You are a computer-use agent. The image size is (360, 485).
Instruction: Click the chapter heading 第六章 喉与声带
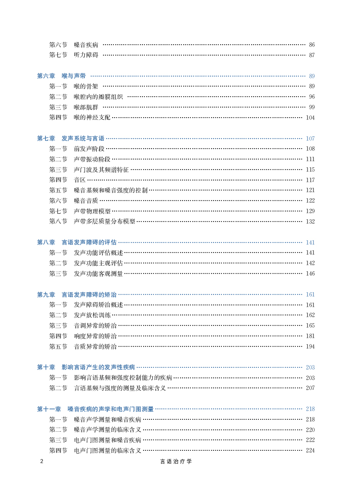[x=61, y=76]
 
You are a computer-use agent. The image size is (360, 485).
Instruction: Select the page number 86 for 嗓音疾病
[x=312, y=45]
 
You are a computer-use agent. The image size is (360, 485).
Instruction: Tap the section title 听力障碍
[x=86, y=55]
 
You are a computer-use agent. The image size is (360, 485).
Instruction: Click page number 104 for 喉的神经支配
[x=310, y=118]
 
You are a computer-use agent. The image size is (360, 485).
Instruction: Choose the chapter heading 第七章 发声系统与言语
[x=71, y=139]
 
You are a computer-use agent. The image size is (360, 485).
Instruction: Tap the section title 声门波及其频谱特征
[x=101, y=170]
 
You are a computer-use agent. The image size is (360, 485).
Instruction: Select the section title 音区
[x=80, y=180]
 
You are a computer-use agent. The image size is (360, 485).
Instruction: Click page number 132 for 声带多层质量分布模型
[x=310, y=222]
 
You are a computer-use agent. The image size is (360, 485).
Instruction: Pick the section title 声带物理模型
[x=92, y=211]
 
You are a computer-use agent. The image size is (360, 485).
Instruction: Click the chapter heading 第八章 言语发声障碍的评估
[x=77, y=242]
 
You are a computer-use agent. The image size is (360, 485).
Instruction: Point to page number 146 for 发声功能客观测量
[x=310, y=273]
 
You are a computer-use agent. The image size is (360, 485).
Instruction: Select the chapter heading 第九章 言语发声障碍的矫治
[x=77, y=294]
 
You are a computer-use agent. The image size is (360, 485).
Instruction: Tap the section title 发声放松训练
[x=92, y=315]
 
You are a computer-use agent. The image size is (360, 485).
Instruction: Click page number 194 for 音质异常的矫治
[x=310, y=346]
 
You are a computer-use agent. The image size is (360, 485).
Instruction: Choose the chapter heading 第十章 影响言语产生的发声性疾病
[x=86, y=367]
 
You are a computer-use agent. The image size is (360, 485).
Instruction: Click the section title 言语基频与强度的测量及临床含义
[x=120, y=388]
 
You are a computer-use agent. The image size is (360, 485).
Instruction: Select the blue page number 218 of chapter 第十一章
[x=310, y=409]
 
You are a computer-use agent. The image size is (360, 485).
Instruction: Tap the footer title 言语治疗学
[x=176, y=461]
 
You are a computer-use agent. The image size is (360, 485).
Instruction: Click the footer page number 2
[x=42, y=461]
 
